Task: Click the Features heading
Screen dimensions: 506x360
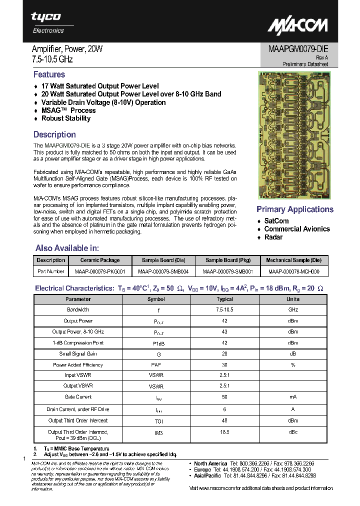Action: (49, 74)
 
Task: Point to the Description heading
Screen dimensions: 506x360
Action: (54, 134)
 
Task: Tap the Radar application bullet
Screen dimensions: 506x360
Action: (273, 237)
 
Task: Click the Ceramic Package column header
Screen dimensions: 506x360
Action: (100, 260)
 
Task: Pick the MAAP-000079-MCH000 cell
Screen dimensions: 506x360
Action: (293, 271)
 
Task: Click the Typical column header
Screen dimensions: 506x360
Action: (224, 299)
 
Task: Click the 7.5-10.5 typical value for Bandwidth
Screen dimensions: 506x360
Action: (224, 310)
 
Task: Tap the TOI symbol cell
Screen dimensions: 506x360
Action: (155, 420)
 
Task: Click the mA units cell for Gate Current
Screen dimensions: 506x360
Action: (293, 397)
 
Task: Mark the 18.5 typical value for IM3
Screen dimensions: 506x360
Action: (224, 432)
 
